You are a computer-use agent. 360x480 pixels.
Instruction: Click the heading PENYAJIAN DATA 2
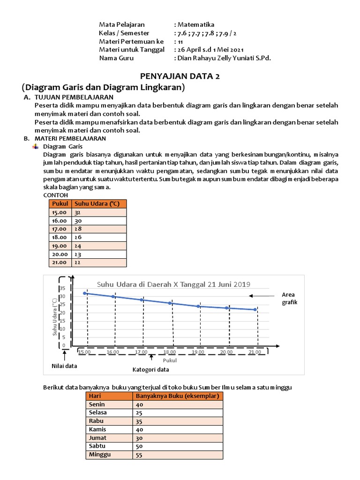click(180, 76)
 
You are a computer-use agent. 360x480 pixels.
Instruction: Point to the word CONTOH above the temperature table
click(55, 195)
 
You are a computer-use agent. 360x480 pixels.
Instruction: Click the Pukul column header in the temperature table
click(60, 203)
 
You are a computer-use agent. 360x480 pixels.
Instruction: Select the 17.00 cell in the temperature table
click(60, 229)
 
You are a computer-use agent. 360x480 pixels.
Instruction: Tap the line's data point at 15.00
click(85, 293)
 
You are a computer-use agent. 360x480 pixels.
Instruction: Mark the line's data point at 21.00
click(255, 309)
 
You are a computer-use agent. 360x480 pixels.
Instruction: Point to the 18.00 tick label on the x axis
click(170, 352)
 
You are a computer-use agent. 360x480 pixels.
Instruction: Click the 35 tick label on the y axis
click(62, 288)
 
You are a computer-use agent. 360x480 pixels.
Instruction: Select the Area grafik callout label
click(289, 298)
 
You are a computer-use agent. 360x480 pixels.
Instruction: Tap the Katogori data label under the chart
click(151, 369)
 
